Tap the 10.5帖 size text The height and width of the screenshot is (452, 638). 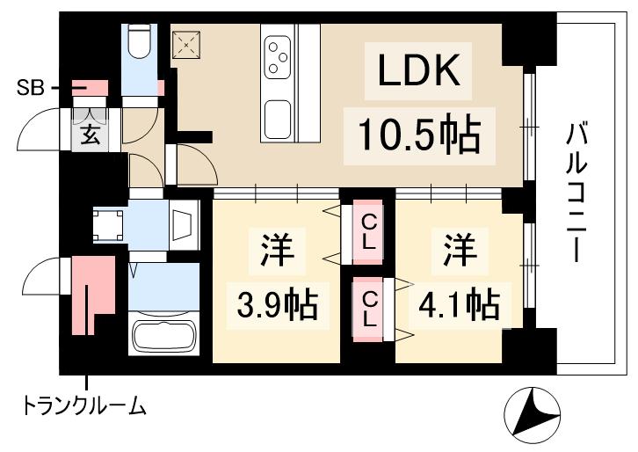(418, 135)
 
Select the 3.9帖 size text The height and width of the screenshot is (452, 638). (276, 305)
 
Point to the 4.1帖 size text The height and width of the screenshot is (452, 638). (458, 305)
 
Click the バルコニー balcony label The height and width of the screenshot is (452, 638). (576, 194)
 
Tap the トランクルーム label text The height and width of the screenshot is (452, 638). (83, 406)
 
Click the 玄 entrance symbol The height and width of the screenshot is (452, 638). (91, 135)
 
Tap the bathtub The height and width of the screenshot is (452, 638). (163, 336)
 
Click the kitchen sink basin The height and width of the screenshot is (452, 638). (279, 119)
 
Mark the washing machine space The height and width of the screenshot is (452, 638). (111, 224)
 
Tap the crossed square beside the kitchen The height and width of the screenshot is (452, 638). (186, 43)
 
